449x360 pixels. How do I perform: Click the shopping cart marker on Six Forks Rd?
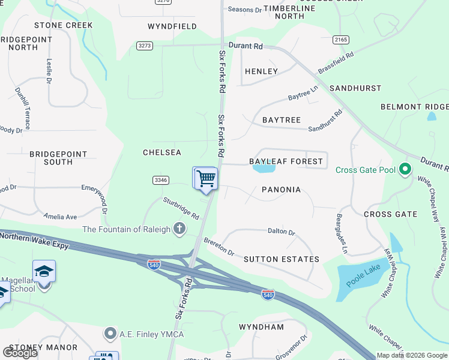pyautogui.click(x=205, y=178)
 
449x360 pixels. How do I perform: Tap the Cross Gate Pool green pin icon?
pyautogui.click(x=405, y=170)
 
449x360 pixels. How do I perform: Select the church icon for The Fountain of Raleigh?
pyautogui.click(x=179, y=229)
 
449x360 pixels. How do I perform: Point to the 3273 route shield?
pyautogui.click(x=145, y=46)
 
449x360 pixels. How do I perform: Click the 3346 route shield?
pyautogui.click(x=160, y=179)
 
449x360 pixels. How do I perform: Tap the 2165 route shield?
pyautogui.click(x=340, y=39)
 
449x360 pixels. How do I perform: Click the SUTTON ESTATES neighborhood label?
pyautogui.click(x=282, y=259)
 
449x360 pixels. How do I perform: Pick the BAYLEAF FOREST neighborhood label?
pyautogui.click(x=286, y=161)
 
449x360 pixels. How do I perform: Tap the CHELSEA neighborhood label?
pyautogui.click(x=162, y=152)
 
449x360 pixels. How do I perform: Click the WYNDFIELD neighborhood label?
pyautogui.click(x=172, y=26)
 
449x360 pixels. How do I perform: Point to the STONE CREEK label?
pyautogui.click(x=64, y=25)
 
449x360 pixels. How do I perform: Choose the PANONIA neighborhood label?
pyautogui.click(x=281, y=190)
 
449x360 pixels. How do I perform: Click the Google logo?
pyautogui.click(x=20, y=353)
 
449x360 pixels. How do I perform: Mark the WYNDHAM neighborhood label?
pyautogui.click(x=261, y=327)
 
